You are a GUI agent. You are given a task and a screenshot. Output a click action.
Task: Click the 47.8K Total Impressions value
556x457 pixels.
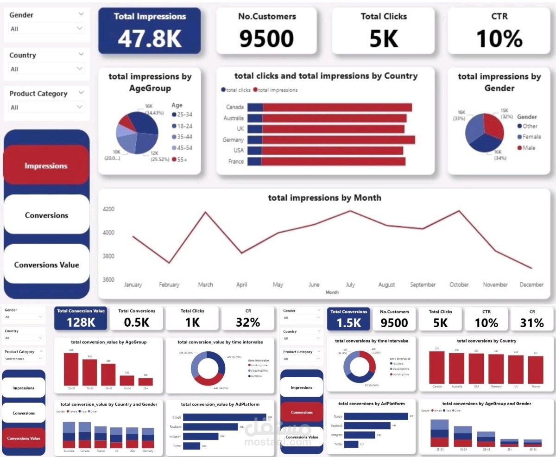point(149,39)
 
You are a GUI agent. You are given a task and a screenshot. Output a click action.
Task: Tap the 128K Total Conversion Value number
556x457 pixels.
point(81,322)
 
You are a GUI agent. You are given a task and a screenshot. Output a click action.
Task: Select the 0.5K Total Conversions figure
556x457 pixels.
point(137,322)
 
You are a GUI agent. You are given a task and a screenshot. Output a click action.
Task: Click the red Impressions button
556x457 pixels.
point(46,166)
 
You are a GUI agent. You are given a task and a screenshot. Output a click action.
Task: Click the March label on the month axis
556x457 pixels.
point(205,285)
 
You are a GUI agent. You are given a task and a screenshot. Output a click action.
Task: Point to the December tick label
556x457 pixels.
point(531,285)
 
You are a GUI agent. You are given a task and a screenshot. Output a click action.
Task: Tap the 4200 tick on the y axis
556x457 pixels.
point(108,209)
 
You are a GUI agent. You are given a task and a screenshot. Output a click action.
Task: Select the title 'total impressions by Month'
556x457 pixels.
point(324,198)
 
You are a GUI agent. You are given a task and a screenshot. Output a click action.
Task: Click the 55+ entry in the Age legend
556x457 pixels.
point(181,159)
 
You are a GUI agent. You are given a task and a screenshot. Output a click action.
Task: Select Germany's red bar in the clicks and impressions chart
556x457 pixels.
point(338,140)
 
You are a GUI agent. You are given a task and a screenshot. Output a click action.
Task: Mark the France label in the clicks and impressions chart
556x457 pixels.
point(236,162)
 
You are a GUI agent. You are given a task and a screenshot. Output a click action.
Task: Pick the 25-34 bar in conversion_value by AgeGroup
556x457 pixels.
point(71,369)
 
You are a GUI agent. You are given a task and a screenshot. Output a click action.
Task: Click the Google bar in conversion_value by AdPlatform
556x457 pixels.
point(224,417)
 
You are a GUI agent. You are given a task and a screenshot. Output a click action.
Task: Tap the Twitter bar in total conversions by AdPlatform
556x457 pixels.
point(351,444)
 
